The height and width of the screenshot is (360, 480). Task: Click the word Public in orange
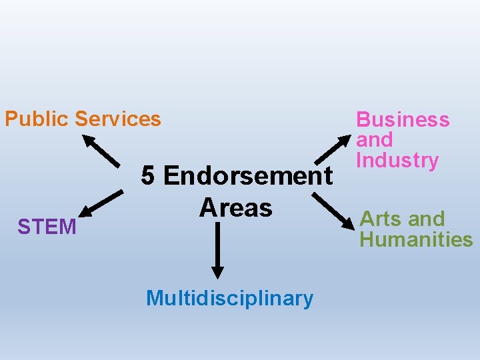coord(37,119)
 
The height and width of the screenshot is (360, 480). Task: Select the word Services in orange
coord(118,119)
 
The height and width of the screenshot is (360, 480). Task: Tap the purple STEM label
coord(47,227)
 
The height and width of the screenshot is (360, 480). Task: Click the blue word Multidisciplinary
coord(229,298)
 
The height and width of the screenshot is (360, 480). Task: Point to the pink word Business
coord(403,120)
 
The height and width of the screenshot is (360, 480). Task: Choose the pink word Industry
coord(397,161)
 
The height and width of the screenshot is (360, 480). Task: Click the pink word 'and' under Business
coord(375,140)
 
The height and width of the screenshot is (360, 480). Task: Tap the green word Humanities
coord(416,239)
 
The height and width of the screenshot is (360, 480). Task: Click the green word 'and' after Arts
coord(427,219)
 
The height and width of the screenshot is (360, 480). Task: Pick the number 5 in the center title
coord(149,176)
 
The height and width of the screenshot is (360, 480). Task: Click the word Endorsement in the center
coord(247,176)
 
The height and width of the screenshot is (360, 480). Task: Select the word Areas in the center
coord(235,207)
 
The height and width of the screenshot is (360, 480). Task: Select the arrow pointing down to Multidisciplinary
coord(217,250)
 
